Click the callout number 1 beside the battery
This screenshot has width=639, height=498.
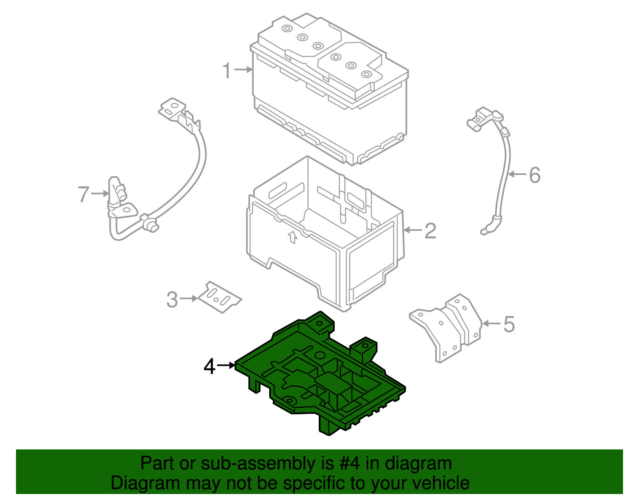[x=227, y=71]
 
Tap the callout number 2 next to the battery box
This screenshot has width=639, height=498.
[x=430, y=231]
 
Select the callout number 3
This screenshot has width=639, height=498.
[x=172, y=299]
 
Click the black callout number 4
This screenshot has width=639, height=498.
[x=210, y=366]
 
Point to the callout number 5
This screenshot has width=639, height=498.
[x=509, y=324]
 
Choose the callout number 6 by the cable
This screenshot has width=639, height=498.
[x=534, y=175]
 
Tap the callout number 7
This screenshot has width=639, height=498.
[x=83, y=195]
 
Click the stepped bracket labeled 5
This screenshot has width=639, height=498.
[x=447, y=327]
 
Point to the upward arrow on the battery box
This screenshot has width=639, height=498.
[x=293, y=237]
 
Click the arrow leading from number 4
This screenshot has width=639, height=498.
[x=226, y=365]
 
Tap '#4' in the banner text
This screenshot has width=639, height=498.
[x=350, y=464]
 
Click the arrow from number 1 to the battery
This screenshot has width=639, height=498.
[x=243, y=70]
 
